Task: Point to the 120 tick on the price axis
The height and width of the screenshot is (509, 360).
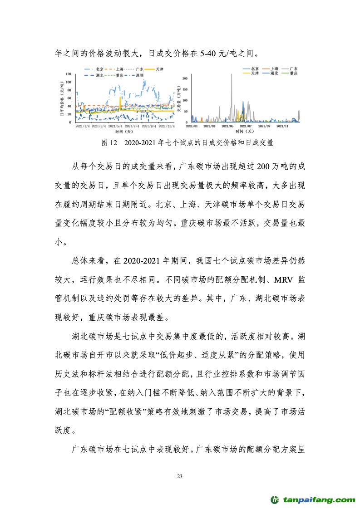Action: coord(69,74)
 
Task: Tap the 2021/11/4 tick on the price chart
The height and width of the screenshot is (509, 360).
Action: coord(167,126)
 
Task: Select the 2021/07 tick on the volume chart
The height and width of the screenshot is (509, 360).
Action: coord(246,126)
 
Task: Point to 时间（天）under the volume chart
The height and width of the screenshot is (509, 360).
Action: coord(245,132)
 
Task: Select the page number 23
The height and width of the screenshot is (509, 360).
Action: coord(180,476)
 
